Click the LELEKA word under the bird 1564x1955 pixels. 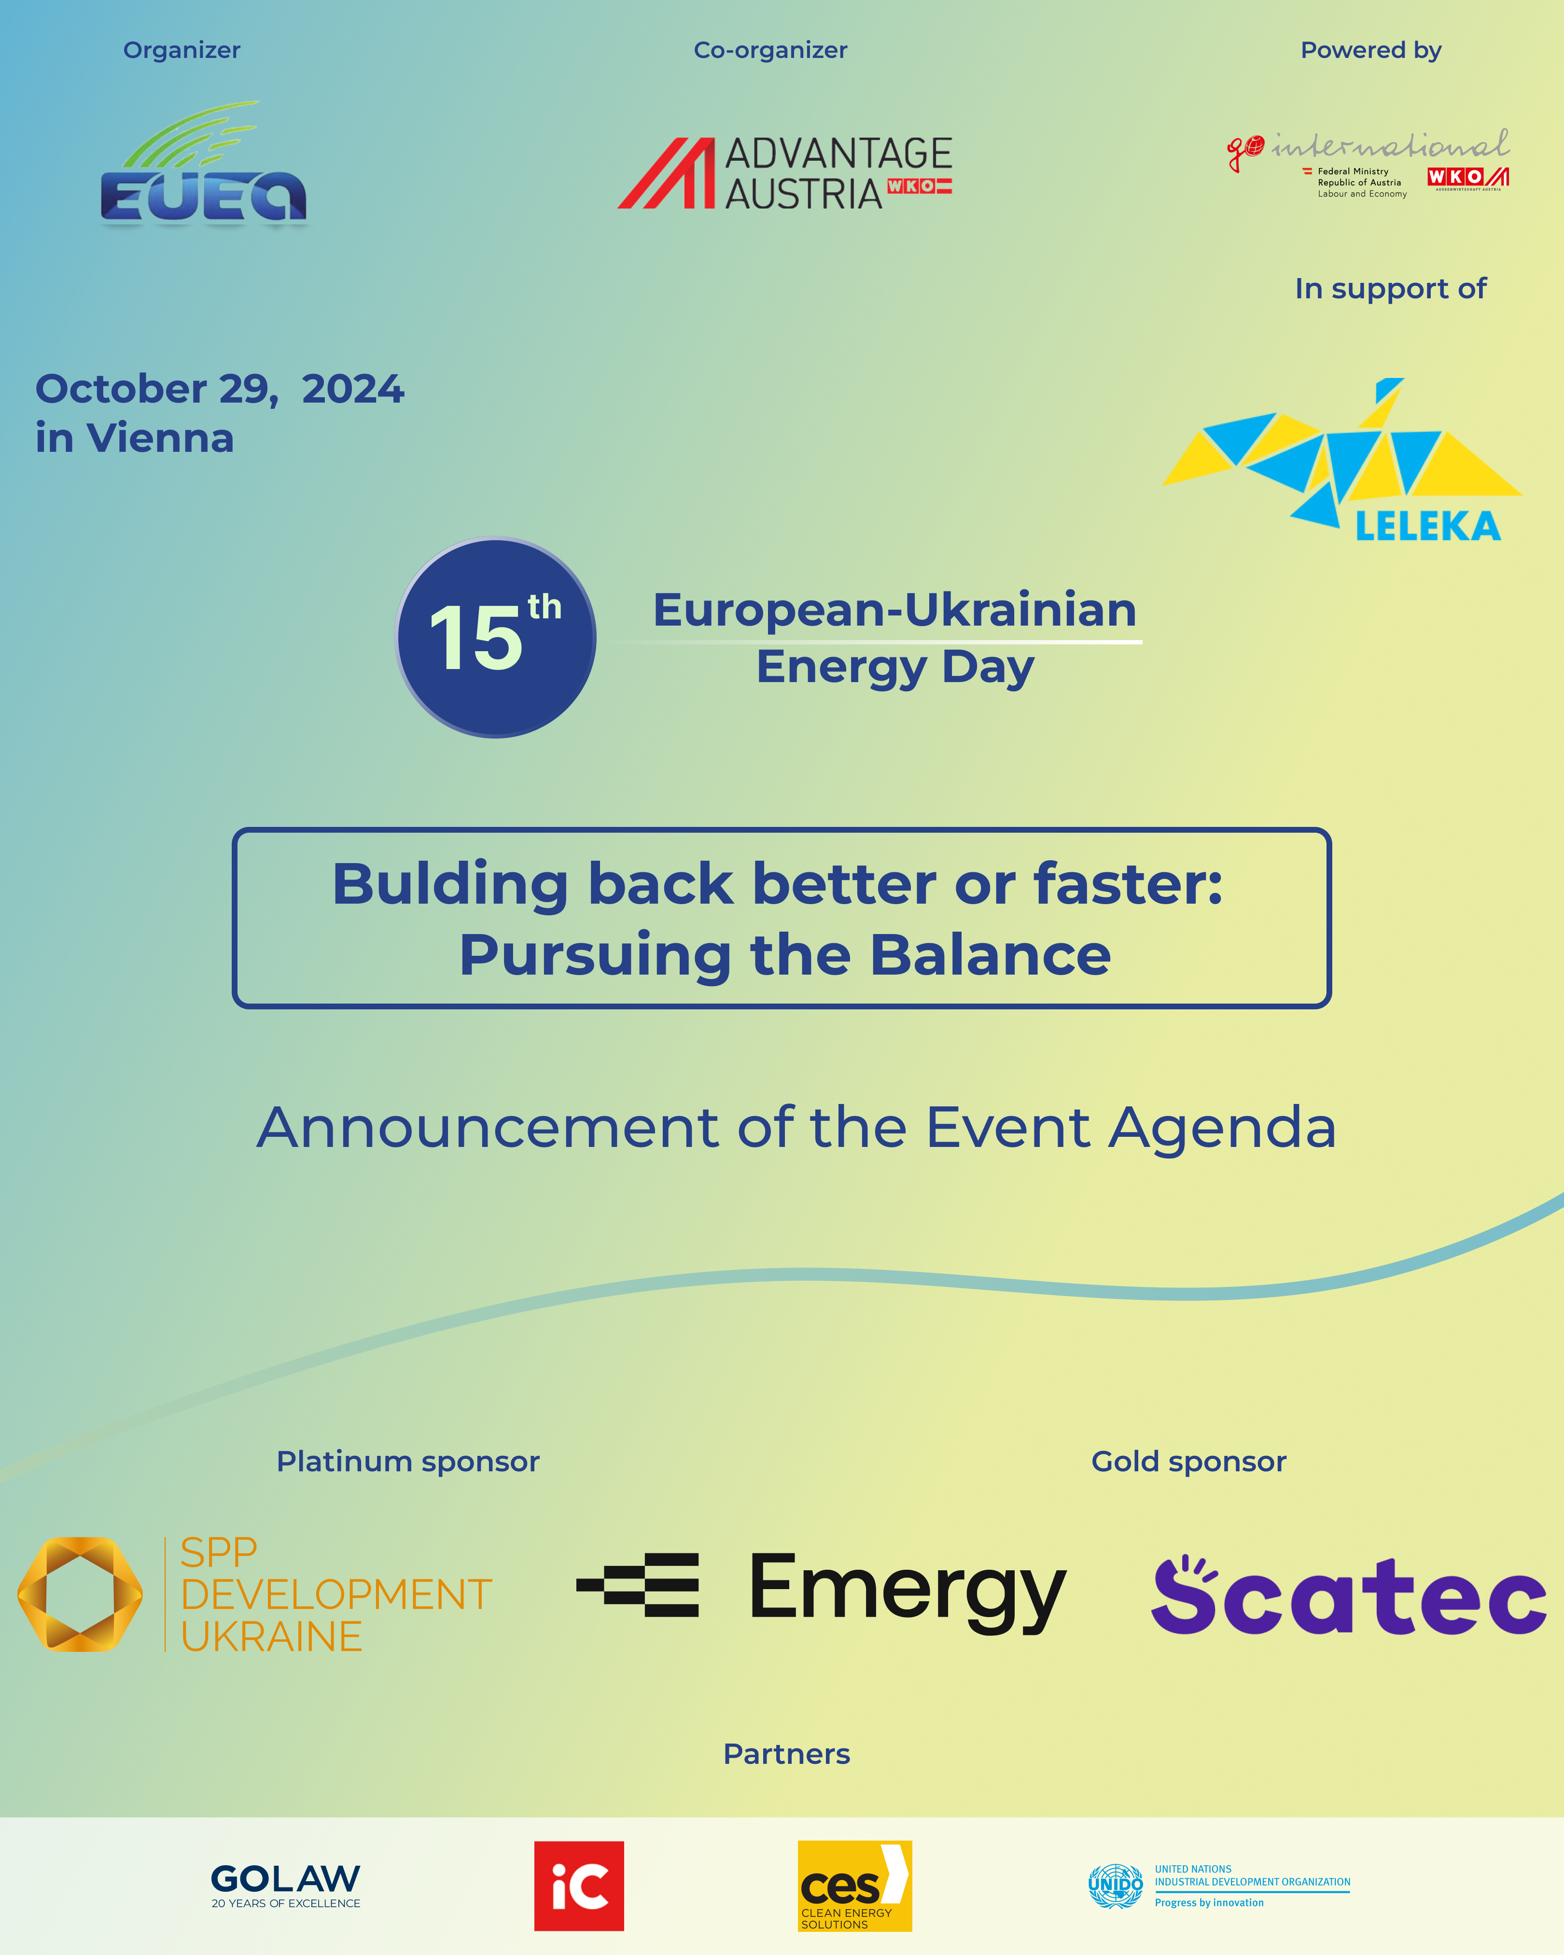[1428, 526]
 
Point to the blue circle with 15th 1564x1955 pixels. [496, 638]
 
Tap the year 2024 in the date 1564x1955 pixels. [353, 389]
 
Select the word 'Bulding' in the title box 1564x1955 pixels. [450, 885]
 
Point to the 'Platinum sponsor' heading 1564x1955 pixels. [408, 1462]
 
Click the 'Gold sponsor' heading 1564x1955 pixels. [1188, 1462]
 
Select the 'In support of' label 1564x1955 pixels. [1391, 288]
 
